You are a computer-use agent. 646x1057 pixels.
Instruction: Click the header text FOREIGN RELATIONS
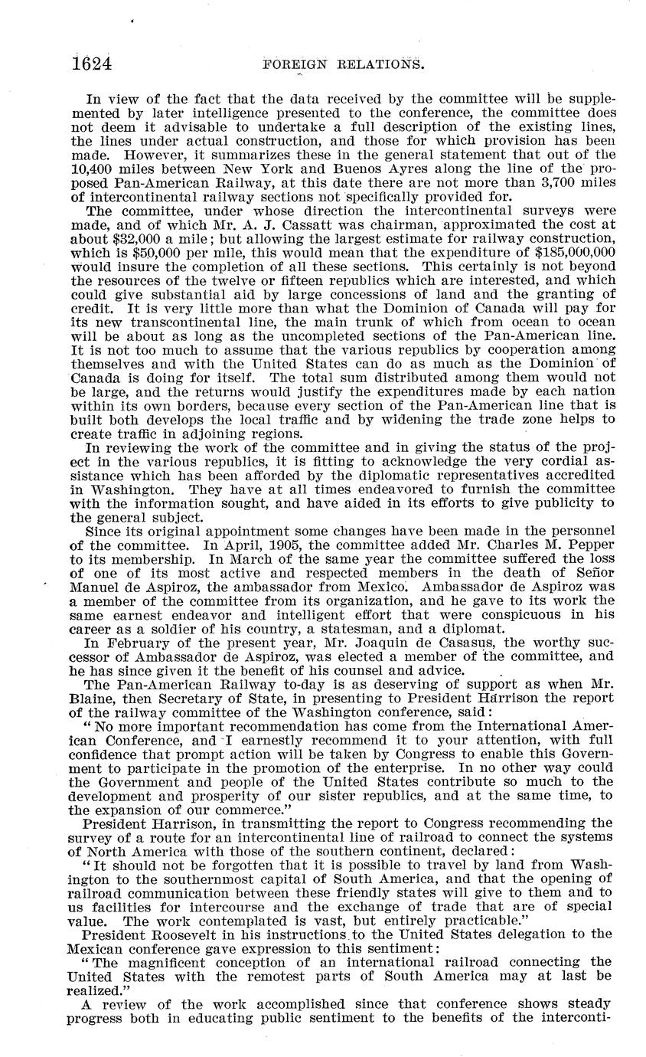click(343, 65)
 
